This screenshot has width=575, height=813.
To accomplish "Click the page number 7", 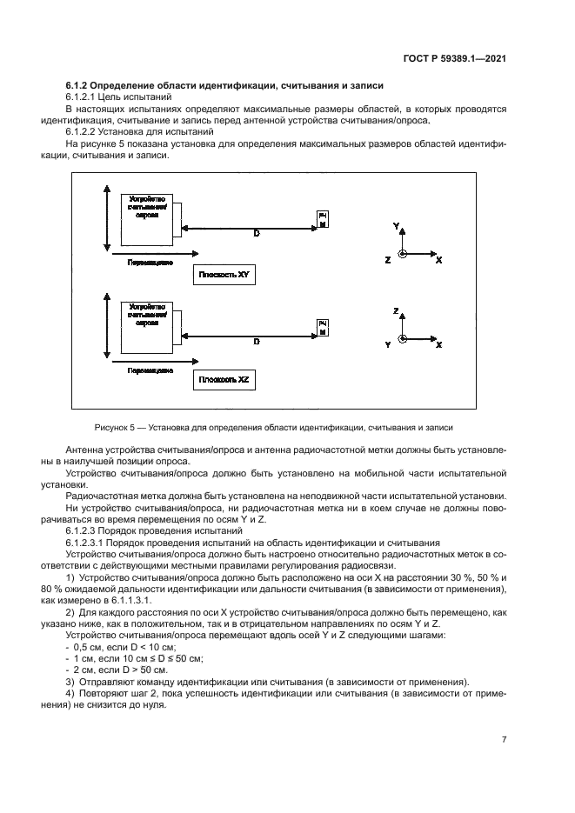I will (504, 739).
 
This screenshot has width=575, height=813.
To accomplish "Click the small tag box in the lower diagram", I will (323, 325).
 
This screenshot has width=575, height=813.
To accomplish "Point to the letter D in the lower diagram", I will (256, 343).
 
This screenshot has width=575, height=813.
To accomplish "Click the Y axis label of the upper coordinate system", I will (396, 225).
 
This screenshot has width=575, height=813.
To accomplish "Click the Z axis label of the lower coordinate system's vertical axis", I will (396, 310).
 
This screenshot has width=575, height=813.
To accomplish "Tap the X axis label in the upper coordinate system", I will (439, 260).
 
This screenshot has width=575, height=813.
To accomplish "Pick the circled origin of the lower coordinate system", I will (402, 338).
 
